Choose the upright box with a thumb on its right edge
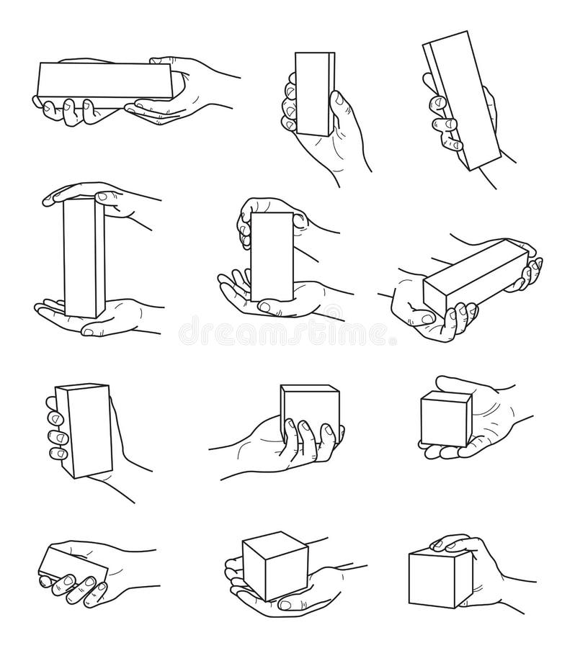click(314, 94)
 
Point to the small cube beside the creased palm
click(445, 419)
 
